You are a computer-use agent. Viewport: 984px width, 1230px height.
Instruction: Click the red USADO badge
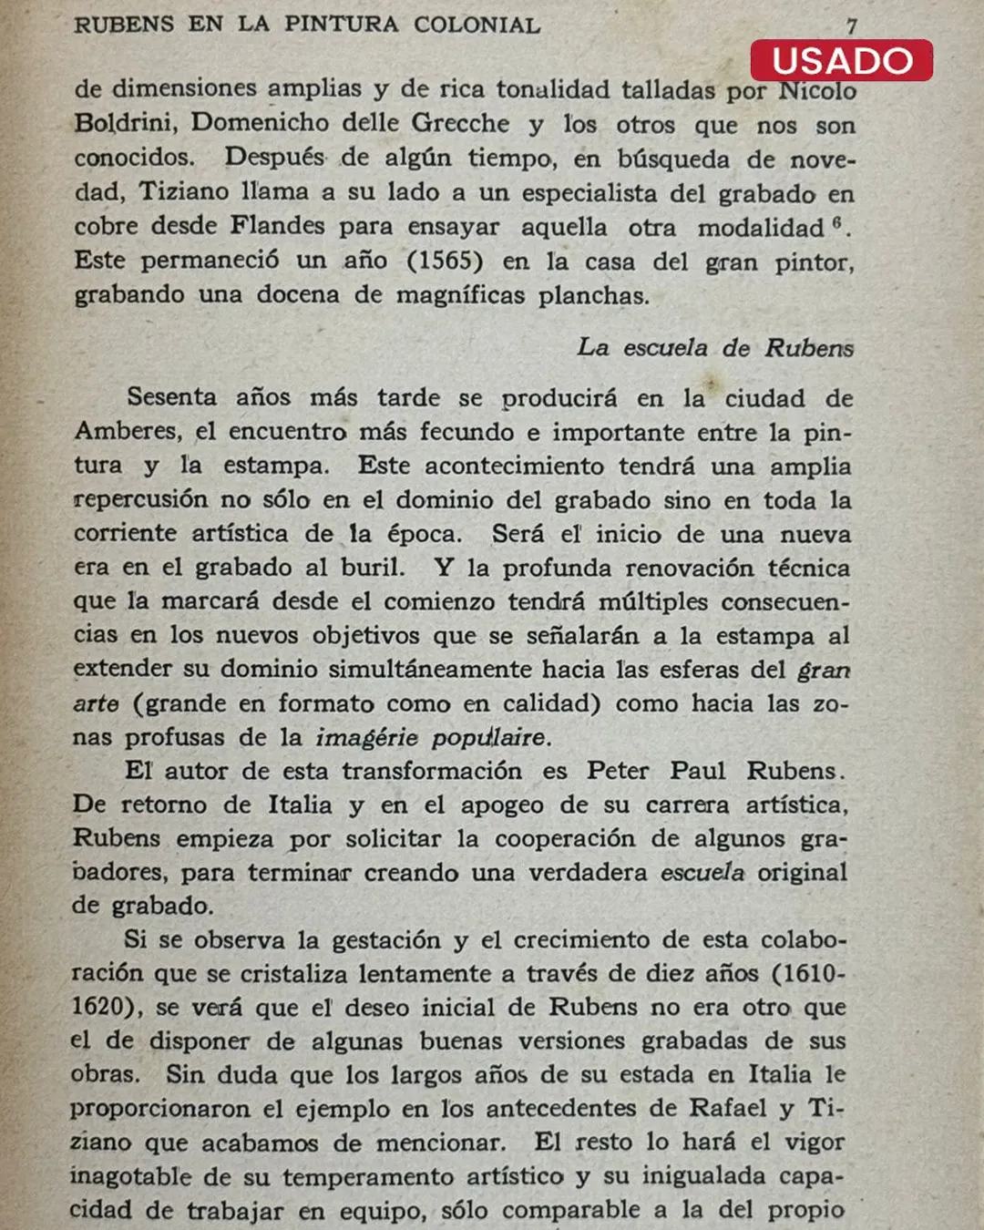(842, 61)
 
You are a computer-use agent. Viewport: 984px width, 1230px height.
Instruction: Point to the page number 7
(851, 26)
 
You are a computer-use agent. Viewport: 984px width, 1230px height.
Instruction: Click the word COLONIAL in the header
(477, 25)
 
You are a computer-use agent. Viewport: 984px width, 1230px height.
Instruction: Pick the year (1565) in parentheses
(445, 261)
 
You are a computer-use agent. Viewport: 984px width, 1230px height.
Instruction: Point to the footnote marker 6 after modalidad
(836, 221)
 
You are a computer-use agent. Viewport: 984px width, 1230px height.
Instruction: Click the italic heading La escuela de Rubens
(715, 347)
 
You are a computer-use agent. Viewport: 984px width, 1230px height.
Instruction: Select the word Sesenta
(171, 397)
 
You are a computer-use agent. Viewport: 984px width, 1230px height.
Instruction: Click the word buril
(372, 567)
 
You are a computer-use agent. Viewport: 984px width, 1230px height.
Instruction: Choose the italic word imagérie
(366, 737)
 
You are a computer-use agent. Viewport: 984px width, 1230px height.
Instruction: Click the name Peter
(618, 771)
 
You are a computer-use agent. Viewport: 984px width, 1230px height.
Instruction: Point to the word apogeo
(500, 805)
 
